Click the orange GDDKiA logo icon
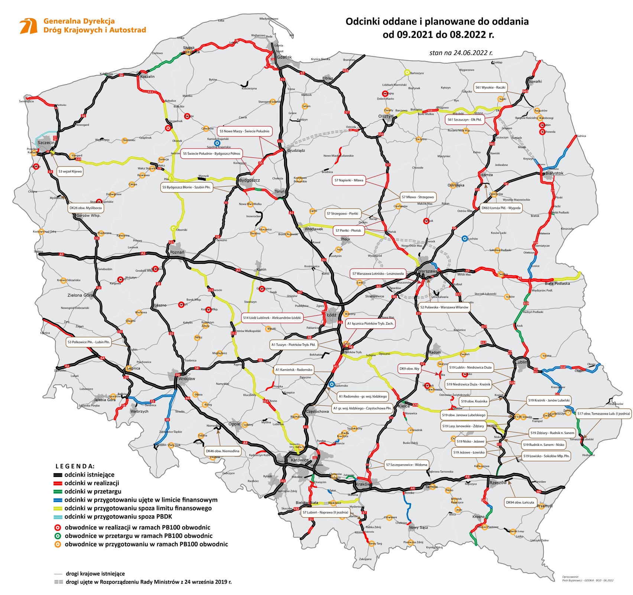point(29,26)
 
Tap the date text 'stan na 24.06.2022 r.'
point(461,53)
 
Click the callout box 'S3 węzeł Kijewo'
point(70,171)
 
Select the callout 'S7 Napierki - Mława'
point(349,180)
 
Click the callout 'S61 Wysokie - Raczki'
point(491,87)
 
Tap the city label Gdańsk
point(284,57)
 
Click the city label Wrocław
point(186,379)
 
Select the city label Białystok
point(554,173)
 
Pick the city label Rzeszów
point(498,483)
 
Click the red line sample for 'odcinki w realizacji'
point(58,483)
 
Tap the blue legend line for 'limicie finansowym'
point(58,500)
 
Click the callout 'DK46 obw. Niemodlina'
point(223,451)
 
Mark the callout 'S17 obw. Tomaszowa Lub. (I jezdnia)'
point(603,414)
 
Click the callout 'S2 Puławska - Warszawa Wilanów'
point(444,307)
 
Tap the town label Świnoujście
point(26,101)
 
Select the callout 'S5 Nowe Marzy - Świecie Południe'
point(244,131)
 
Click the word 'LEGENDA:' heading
point(75,466)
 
